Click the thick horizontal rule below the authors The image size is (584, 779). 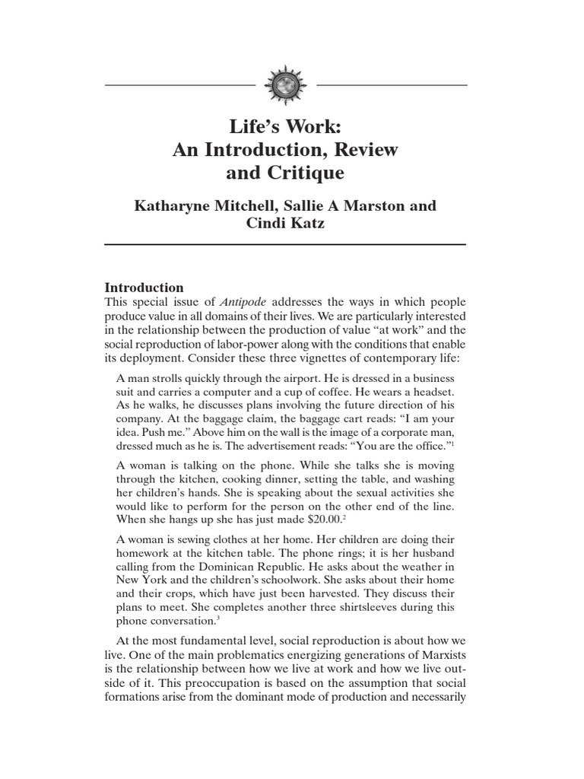point(284,244)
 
